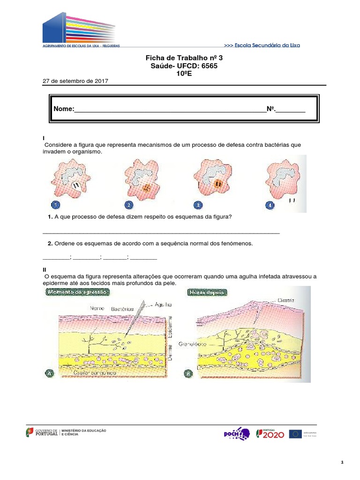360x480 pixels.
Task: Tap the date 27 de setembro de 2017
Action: (75, 81)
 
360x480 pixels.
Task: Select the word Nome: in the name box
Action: (64, 109)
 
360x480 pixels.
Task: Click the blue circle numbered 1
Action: (55, 205)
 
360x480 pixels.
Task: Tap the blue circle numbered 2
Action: (128, 205)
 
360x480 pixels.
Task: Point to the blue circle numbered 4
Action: (270, 205)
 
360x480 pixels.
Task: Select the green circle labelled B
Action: (188, 373)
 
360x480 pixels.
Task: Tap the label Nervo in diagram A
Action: (97, 308)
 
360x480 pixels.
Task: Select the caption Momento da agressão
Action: (78, 292)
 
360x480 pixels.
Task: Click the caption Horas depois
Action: (207, 292)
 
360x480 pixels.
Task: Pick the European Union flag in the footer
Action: (295, 434)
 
